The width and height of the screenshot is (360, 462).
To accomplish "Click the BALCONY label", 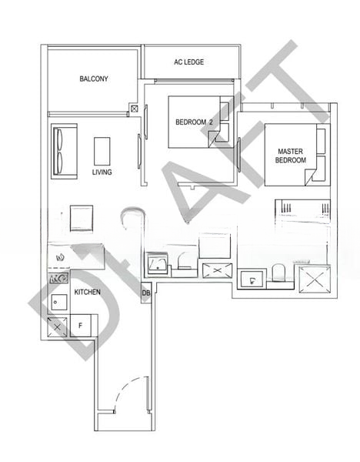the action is [x=94, y=79].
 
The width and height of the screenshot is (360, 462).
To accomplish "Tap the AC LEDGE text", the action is [x=188, y=62].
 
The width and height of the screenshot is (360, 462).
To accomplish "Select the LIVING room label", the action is [x=102, y=172].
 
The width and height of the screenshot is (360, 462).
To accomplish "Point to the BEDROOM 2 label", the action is [x=194, y=122].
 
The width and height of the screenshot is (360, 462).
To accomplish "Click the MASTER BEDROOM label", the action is [x=291, y=156].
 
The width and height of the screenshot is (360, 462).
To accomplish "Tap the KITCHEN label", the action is [x=88, y=292].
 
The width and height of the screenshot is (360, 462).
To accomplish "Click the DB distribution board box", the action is [x=146, y=293].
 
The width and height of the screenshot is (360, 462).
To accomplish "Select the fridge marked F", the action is [x=80, y=326].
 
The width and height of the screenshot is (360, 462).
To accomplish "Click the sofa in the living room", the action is [x=64, y=151].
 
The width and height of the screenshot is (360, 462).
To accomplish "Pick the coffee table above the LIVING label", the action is [x=102, y=151].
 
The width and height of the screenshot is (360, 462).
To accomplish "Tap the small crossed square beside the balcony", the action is [x=134, y=109].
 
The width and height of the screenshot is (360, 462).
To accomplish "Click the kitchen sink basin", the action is [x=59, y=302].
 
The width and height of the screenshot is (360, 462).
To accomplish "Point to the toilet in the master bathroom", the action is [x=278, y=273].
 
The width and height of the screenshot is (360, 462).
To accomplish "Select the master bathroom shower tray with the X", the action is [x=315, y=280].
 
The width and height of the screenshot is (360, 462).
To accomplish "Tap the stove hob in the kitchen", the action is [x=59, y=278].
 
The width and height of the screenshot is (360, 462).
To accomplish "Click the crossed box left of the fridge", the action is [x=58, y=326].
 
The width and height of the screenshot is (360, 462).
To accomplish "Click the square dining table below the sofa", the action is [x=82, y=218].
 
